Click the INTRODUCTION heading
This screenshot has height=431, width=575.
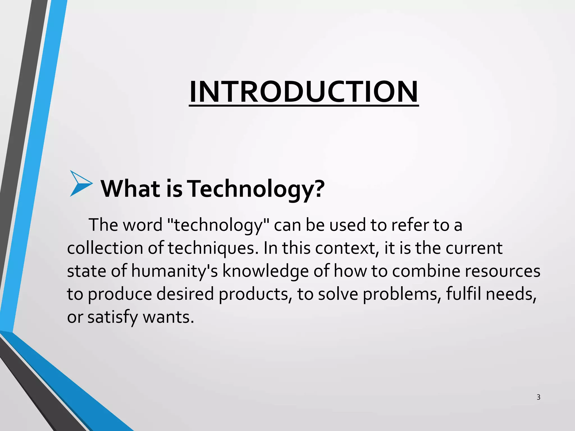point(304,92)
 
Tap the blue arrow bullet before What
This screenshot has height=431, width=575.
point(81,184)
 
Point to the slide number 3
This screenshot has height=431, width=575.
point(538,397)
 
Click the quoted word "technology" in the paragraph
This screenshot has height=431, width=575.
point(218,225)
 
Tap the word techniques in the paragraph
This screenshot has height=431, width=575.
point(213,248)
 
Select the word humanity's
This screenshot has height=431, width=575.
point(174,271)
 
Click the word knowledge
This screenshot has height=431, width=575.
point(265,271)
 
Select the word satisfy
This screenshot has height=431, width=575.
point(113,317)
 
